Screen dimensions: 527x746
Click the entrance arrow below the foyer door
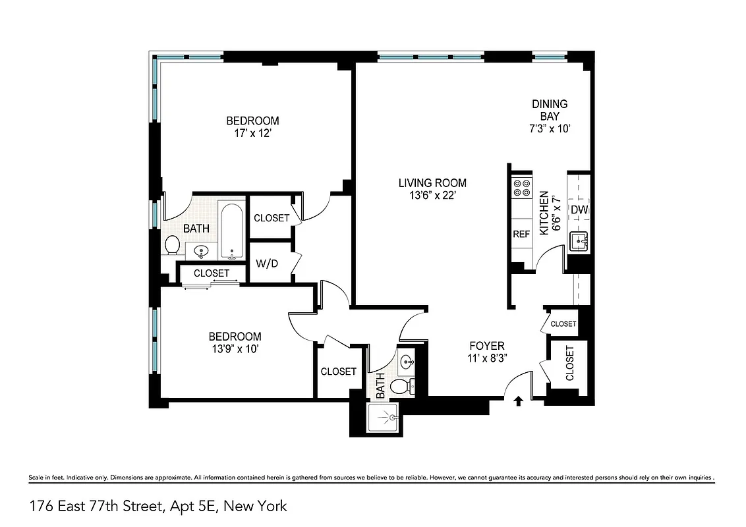(518, 399)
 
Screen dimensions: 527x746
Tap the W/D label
(267, 263)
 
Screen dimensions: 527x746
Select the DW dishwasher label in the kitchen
(579, 210)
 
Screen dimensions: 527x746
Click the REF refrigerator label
(521, 234)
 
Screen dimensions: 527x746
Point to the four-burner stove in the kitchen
(522, 188)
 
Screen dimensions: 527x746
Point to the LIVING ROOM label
(432, 183)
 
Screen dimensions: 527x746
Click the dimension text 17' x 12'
(252, 132)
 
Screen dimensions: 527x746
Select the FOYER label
(486, 346)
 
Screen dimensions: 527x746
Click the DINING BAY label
(550, 110)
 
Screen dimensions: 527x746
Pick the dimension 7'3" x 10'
(550, 129)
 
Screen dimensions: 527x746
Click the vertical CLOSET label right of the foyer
(569, 364)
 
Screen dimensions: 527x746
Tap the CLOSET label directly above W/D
(272, 218)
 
